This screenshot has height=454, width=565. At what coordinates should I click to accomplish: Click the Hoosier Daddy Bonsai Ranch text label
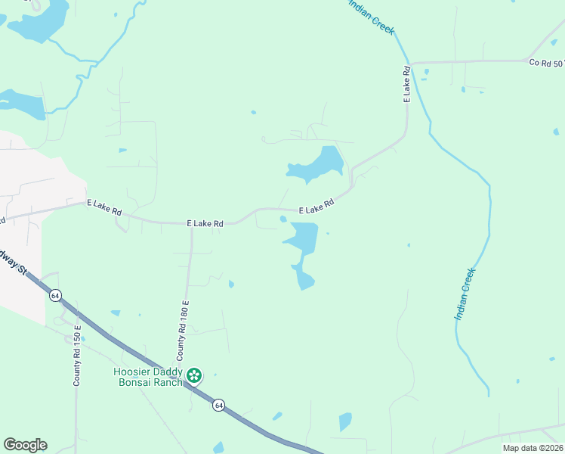click(148, 377)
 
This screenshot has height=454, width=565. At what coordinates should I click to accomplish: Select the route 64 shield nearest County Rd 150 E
click(55, 295)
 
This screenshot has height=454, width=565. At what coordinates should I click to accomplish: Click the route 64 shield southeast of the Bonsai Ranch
click(218, 405)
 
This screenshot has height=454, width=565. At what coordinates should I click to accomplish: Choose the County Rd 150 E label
click(77, 356)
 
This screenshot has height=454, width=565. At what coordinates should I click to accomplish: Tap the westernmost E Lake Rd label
click(104, 207)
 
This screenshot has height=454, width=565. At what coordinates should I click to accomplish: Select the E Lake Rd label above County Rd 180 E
click(205, 224)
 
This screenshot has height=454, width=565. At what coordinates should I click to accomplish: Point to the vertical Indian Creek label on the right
click(465, 294)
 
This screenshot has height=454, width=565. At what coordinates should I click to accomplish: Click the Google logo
click(25, 445)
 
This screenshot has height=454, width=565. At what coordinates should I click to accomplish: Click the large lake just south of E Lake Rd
click(301, 242)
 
